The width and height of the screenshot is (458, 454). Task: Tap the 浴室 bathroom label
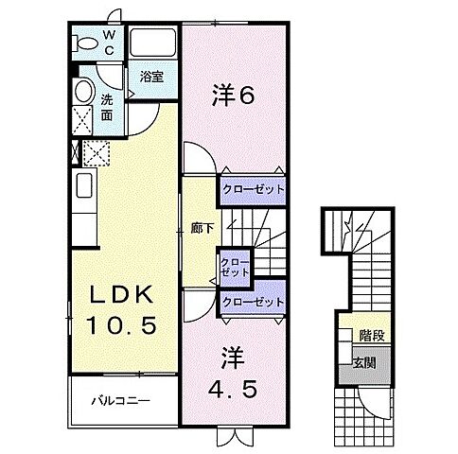pyautogui.click(x=152, y=78)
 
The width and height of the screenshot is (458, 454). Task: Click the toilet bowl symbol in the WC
pyautogui.click(x=84, y=44)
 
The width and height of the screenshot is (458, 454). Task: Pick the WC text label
pyautogui.click(x=110, y=43)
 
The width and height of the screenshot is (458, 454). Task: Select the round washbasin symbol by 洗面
pyautogui.click(x=83, y=92)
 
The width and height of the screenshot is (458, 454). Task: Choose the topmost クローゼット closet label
pyautogui.click(x=253, y=189)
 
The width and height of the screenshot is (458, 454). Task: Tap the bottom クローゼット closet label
pyautogui.click(x=253, y=302)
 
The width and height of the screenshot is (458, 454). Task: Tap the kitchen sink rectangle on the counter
pyautogui.click(x=82, y=184)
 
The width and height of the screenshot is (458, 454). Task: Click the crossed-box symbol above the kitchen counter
pyautogui.click(x=97, y=153)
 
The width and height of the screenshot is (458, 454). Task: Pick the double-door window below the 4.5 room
pyautogui.click(x=233, y=436)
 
